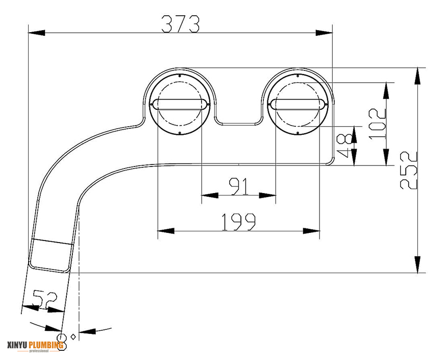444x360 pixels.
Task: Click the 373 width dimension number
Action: (180, 23)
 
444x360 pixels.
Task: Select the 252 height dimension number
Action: (409, 170)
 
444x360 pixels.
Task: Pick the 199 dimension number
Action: (238, 222)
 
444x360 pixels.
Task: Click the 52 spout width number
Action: (45, 299)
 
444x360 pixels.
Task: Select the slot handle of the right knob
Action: (297, 104)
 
